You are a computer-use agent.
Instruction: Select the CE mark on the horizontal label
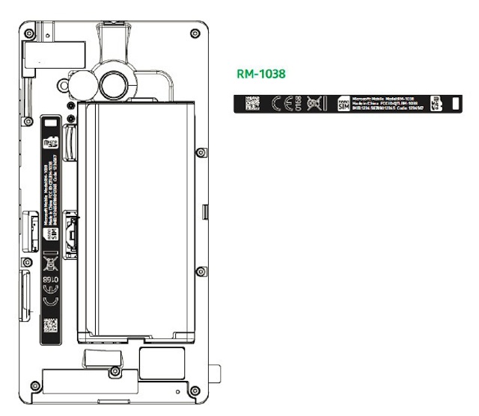coord(278,104)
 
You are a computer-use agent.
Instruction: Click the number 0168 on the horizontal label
coord(297,104)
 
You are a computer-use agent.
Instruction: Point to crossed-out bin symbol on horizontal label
coord(314,104)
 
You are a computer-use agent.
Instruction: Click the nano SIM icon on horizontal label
coord(344,104)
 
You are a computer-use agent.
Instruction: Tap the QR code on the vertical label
coord(49,324)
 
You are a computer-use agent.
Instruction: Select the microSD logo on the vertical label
coord(51,140)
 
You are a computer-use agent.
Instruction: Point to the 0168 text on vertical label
coord(49,279)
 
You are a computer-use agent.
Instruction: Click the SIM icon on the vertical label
coord(50,233)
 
